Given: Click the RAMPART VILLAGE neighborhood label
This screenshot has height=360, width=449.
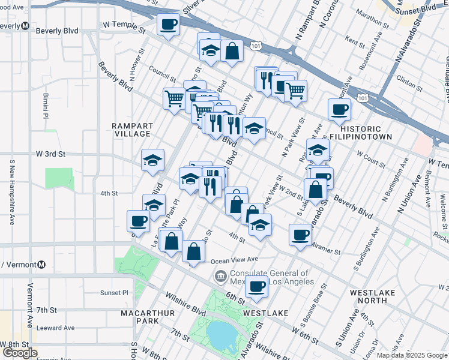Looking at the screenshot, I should click(132, 130).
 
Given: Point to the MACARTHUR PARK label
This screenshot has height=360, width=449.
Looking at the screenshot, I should click(148, 317).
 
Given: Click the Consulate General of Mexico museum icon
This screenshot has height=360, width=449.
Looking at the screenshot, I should click(220, 277).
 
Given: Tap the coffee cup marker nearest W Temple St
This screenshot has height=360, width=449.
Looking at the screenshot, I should click(168, 25).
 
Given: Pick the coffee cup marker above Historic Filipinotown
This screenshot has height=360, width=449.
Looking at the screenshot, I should click(339, 109).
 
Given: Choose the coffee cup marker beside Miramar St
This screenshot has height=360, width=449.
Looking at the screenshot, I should click(300, 234).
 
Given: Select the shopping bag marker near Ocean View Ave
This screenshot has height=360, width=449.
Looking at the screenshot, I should click(193, 251).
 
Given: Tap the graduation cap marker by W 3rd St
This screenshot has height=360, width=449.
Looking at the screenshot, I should click(153, 160).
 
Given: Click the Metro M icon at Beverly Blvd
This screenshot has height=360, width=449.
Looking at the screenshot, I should click(25, 26).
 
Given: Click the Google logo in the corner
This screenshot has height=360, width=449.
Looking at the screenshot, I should click(20, 353).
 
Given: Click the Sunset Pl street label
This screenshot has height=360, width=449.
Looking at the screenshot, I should click(115, 293).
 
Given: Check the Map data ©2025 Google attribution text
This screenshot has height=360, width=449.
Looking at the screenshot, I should click(411, 355).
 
